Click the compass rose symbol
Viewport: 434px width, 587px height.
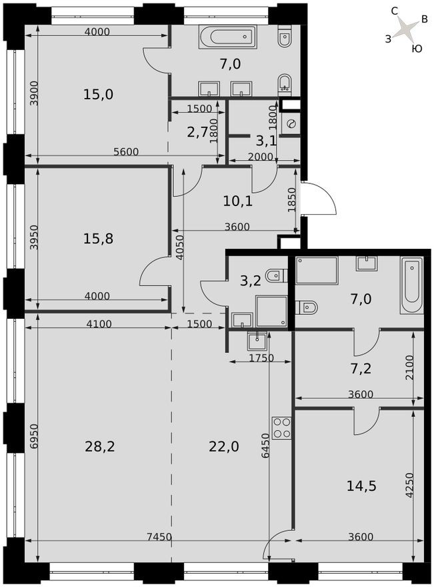405,29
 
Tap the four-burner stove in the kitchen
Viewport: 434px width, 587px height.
281,427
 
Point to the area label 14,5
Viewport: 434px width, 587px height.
362,486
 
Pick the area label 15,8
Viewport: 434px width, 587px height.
98,237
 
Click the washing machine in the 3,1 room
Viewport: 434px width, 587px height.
291,123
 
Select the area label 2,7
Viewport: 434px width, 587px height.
197,131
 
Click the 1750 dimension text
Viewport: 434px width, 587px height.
243,358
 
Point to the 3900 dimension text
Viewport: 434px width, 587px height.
33,93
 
